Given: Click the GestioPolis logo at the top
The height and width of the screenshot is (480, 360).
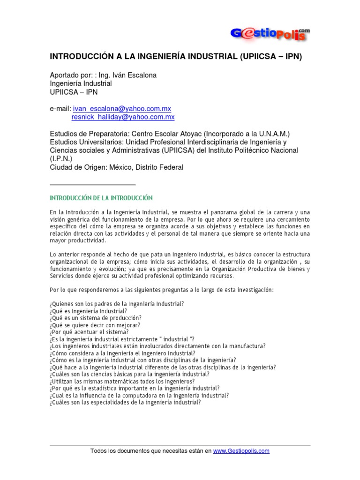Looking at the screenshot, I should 270,34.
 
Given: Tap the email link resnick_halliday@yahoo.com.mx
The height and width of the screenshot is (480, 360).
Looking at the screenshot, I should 123,117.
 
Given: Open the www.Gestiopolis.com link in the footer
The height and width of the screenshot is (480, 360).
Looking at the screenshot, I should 241,451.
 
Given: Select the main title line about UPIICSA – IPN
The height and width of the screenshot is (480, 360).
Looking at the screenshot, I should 176,57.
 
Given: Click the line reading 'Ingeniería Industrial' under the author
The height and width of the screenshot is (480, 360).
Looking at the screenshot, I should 81,84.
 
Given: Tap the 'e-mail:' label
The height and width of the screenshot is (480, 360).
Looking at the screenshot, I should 60,108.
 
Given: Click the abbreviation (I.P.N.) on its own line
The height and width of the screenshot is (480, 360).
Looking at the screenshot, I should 61,158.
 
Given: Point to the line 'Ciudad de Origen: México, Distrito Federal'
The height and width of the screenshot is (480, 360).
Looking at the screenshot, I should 117,167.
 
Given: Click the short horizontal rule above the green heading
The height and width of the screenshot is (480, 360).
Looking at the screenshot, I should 92,184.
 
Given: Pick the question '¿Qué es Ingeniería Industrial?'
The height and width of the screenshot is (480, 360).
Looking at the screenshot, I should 88,311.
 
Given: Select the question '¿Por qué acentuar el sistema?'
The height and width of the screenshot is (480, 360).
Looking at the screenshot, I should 89,332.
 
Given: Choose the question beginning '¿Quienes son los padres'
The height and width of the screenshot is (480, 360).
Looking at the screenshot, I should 116,304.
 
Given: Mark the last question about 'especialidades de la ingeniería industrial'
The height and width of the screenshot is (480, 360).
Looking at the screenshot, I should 125,402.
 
